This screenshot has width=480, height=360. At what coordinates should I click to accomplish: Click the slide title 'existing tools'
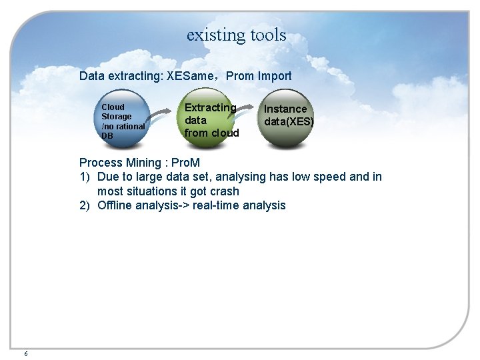(x=236, y=35)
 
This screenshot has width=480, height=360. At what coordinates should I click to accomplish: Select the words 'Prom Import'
(x=259, y=76)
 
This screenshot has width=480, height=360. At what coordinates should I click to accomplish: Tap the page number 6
(x=25, y=353)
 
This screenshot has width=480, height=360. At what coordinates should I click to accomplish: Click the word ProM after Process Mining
(x=185, y=163)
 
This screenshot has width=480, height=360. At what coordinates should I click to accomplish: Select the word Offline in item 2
(x=115, y=205)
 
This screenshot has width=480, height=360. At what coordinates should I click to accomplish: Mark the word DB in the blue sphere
(x=107, y=136)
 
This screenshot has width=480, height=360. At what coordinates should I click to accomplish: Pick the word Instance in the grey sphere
(x=285, y=109)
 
